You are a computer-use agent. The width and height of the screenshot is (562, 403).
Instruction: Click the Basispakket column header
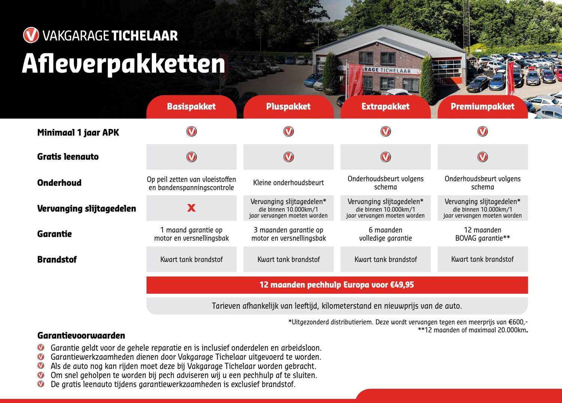[191, 106]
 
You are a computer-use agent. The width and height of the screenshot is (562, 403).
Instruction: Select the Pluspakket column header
[288, 106]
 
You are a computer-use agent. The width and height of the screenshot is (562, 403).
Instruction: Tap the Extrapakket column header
[385, 106]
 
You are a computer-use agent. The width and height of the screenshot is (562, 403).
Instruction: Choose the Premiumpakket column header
[483, 106]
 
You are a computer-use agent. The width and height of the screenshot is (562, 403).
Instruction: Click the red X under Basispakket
[191, 208]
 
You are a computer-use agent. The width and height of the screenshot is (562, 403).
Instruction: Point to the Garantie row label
[54, 234]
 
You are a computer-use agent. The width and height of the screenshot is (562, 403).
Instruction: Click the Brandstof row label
[57, 259]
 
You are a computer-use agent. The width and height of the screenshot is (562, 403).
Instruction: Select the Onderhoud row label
[59, 183]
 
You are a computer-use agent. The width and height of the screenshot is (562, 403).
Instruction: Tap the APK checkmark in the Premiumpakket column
[483, 132]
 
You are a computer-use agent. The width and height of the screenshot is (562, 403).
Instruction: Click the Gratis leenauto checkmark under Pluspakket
[288, 157]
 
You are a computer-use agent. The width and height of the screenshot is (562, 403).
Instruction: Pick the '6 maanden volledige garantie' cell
[386, 234]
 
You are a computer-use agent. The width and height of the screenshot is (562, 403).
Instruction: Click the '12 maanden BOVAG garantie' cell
[483, 234]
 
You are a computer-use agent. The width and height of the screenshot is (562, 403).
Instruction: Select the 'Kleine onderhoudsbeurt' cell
[288, 183]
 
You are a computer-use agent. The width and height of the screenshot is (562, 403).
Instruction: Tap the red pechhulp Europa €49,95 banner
[337, 285]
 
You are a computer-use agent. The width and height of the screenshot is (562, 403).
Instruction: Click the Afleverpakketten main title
[124, 64]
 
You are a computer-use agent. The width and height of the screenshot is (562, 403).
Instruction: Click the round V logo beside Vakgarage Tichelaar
[31, 35]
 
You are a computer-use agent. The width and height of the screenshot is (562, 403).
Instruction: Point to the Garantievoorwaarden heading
[81, 336]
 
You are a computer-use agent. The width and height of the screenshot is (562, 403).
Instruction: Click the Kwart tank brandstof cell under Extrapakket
[386, 259]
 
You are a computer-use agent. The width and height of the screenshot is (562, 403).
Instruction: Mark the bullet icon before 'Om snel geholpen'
[41, 375]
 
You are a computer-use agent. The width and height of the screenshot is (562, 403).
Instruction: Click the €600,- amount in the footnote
[518, 322]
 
